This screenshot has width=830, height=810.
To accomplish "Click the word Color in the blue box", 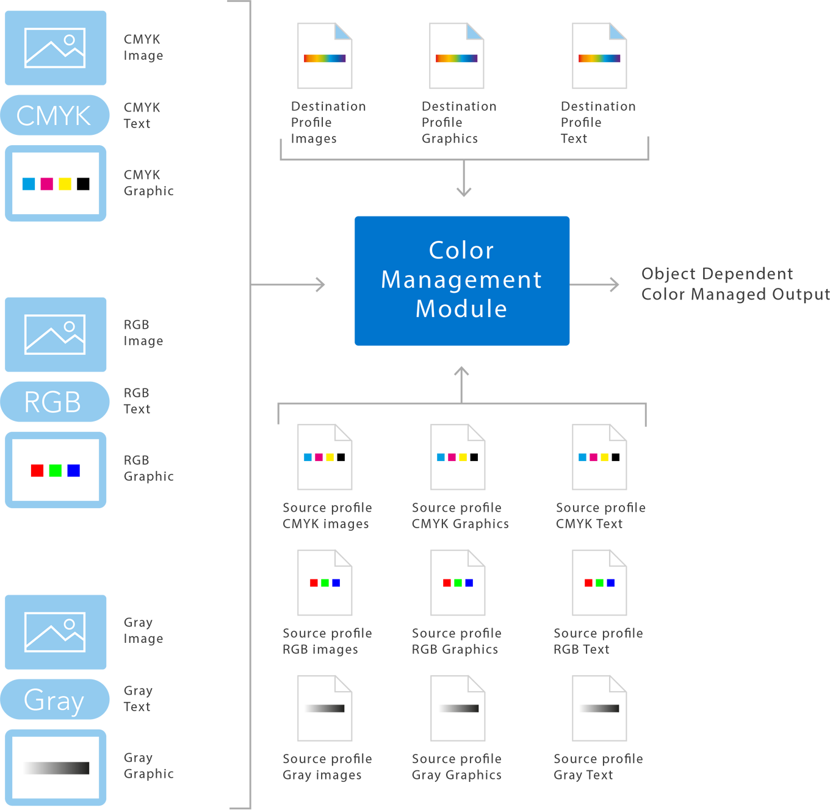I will [461, 251].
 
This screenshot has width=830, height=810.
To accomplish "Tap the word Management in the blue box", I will [461, 280].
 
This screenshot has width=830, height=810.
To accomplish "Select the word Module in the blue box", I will [461, 309].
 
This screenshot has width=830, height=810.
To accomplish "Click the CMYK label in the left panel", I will [54, 116].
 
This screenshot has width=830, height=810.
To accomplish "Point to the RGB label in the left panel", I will [52, 403].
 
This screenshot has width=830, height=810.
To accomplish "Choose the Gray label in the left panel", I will [54, 701].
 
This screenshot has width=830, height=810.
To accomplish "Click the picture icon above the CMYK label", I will [55, 48].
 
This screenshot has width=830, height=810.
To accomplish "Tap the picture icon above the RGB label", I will [55, 334].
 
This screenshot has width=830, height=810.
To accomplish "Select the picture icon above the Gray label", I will [55, 632].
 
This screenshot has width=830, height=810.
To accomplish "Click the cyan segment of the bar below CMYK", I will [27, 183].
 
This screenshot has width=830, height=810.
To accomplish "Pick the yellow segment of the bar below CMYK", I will [65, 183].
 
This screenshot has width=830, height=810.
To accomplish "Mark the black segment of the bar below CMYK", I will [84, 183].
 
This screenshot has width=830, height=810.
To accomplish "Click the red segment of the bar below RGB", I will [34, 470].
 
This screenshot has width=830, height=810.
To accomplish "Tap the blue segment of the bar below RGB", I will [77, 470].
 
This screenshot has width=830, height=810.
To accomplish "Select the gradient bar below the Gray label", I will [56, 768].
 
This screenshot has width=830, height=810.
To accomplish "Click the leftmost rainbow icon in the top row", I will [325, 58].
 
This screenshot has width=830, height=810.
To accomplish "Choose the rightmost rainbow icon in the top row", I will [599, 58].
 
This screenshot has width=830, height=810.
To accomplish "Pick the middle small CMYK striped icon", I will [457, 457].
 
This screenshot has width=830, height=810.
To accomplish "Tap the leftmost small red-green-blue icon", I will [325, 583].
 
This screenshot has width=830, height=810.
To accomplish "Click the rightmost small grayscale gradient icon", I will [599, 709].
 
